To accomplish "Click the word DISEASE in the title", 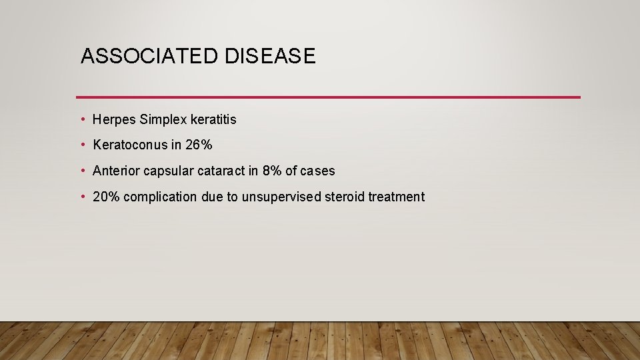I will [270, 57].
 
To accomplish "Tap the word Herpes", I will [115, 120].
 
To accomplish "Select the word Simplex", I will [163, 120].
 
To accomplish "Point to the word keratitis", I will [213, 120].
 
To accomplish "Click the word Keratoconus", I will [130, 145].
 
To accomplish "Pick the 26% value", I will [199, 145].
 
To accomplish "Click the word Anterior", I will [115, 171].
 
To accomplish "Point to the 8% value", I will [272, 171].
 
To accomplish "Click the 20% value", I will [107, 197].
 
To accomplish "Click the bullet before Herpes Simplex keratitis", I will [82, 120].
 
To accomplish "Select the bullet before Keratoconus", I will [82, 145].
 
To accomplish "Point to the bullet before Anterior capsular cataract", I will [82, 171].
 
